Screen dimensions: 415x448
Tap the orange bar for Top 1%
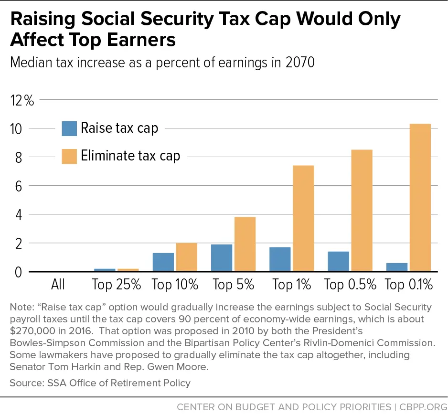(303, 218)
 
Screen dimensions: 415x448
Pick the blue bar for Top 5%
(222, 258)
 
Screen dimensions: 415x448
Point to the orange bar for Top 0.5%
(362, 211)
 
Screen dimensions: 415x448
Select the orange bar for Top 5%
(245, 244)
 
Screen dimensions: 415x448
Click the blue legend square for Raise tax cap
(69, 128)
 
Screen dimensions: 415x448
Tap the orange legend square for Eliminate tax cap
(69, 156)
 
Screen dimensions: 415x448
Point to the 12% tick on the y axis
(22, 100)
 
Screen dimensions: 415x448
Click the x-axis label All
(58, 285)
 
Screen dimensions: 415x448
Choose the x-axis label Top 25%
(117, 285)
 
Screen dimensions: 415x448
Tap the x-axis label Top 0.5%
(350, 285)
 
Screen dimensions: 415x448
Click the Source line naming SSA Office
(100, 383)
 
